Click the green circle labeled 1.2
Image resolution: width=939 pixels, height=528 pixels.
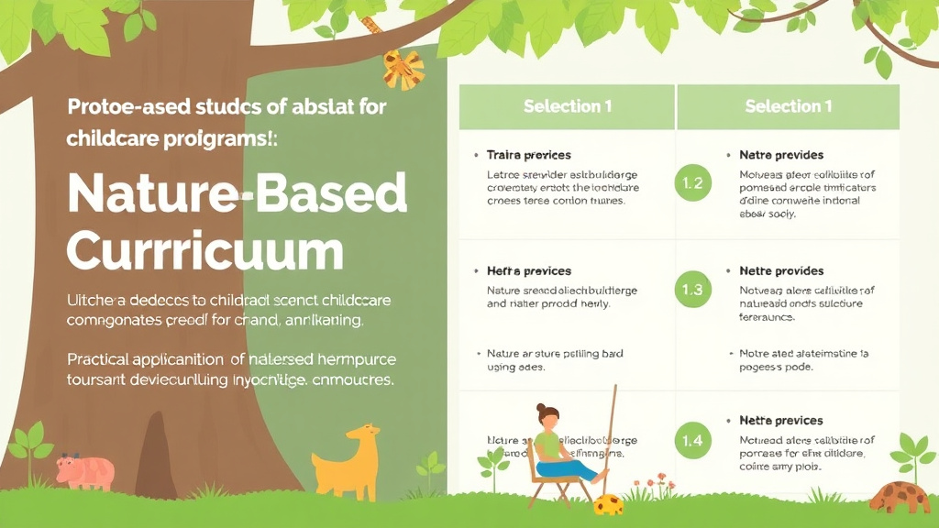click(x=693, y=182)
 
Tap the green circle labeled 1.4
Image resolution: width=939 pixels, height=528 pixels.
click(x=693, y=441)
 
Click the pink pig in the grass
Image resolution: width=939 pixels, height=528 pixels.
click(x=84, y=472)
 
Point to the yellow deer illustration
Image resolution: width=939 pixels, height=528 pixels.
click(x=348, y=461)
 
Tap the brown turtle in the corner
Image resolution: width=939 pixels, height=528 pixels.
click(x=900, y=495)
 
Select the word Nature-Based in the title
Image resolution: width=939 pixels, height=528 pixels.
click(x=237, y=194)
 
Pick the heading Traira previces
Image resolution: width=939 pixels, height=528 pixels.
click(x=528, y=155)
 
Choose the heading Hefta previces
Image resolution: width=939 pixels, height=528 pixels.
click(x=528, y=271)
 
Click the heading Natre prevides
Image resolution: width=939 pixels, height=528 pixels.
click(x=781, y=155)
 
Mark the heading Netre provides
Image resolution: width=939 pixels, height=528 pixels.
click(x=781, y=271)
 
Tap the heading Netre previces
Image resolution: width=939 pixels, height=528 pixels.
click(x=781, y=421)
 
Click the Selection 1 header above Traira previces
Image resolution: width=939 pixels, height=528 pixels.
click(x=568, y=106)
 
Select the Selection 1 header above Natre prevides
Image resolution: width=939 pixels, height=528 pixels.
click(x=789, y=106)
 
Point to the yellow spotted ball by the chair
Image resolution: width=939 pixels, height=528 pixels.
click(x=608, y=503)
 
